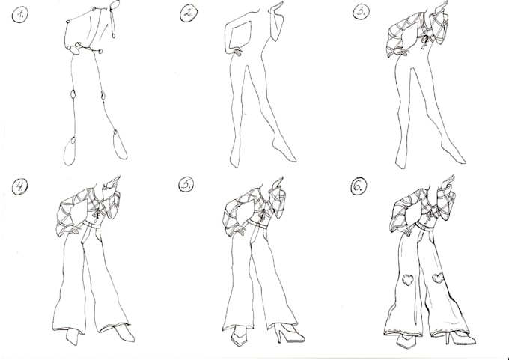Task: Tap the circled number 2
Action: click(x=189, y=12)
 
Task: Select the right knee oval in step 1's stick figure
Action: click(x=103, y=95)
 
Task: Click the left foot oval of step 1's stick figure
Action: click(x=70, y=151)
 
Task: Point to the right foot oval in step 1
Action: click(x=120, y=144)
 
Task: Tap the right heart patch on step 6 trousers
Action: click(x=438, y=278)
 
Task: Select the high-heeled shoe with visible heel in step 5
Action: click(x=287, y=332)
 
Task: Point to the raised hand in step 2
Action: click(x=279, y=9)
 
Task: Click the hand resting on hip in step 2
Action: click(x=236, y=52)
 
